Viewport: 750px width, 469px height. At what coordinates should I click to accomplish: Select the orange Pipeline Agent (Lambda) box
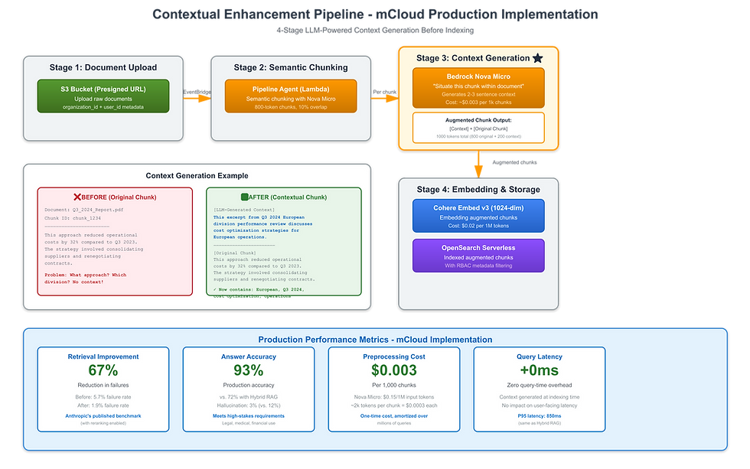(x=291, y=96)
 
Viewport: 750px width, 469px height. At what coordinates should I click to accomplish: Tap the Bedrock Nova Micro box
(x=478, y=88)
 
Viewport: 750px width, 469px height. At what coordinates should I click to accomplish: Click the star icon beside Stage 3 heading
(x=538, y=58)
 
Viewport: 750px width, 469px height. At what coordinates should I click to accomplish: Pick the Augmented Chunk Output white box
(x=478, y=128)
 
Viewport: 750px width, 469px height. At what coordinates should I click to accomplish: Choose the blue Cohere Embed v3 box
(x=478, y=216)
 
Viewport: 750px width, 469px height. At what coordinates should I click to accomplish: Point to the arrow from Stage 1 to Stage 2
(x=196, y=96)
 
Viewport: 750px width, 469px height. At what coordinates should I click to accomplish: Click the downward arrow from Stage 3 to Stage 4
(x=478, y=163)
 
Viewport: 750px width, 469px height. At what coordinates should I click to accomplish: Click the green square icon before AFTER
(x=245, y=197)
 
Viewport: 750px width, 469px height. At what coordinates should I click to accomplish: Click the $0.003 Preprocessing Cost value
(x=393, y=370)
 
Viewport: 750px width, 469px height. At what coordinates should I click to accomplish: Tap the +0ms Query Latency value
(x=539, y=370)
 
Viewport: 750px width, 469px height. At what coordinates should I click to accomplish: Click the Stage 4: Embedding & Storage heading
(x=478, y=189)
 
